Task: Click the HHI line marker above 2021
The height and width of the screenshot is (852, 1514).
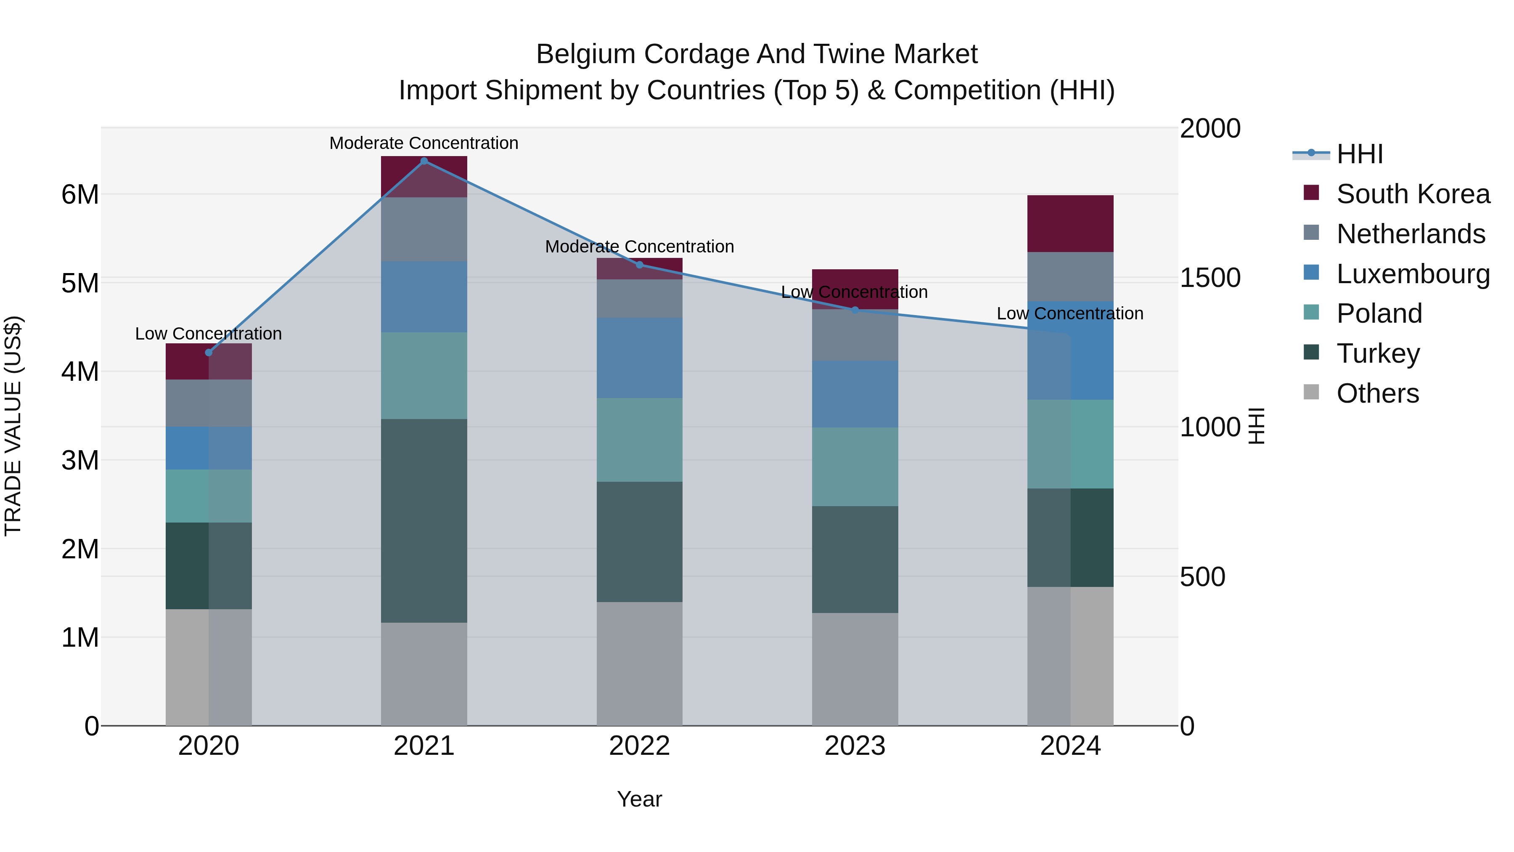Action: click(x=424, y=161)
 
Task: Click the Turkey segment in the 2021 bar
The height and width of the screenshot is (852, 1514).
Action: click(x=424, y=520)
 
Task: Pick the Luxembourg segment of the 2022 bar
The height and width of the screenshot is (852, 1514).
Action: click(x=639, y=358)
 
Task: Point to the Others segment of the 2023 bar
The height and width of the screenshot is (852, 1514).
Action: click(x=855, y=669)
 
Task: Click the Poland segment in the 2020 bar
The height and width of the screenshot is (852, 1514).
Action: click(x=209, y=496)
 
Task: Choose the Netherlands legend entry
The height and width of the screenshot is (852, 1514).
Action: click(x=1410, y=234)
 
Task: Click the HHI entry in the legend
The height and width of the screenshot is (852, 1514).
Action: click(x=1359, y=154)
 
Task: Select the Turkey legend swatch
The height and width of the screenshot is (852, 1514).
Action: click(x=1311, y=353)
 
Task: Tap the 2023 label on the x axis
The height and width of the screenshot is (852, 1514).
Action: click(x=855, y=746)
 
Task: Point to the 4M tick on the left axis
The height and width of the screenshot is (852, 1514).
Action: click(x=80, y=372)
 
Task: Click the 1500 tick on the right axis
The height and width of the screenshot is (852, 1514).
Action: click(x=1210, y=278)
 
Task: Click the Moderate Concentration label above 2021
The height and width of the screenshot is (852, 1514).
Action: click(x=424, y=143)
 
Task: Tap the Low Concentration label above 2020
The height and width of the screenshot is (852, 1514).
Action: click(x=209, y=333)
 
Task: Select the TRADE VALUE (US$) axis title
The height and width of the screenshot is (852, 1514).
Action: click(x=13, y=426)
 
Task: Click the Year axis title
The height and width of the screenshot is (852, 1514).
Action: click(x=639, y=799)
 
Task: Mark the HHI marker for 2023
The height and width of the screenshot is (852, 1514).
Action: click(x=855, y=310)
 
